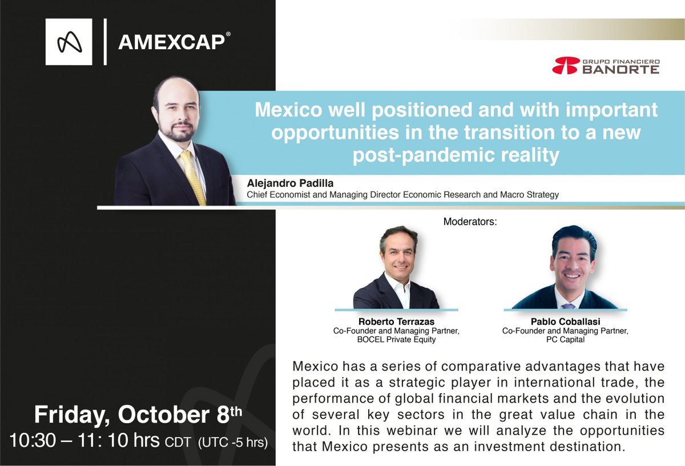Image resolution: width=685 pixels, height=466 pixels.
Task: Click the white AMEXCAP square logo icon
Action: point(68,42)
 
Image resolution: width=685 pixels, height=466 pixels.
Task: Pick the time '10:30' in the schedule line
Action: point(31,441)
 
